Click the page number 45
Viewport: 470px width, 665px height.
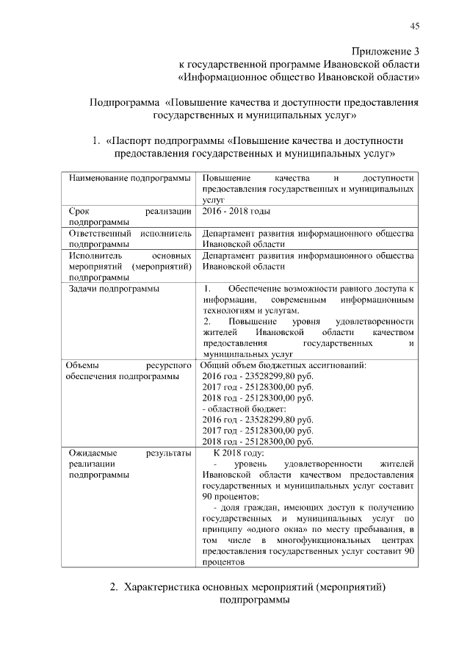pos(414,26)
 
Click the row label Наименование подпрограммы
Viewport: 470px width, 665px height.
pos(130,179)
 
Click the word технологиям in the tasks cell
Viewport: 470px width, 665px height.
pos(231,311)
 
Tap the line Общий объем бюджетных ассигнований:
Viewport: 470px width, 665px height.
pos(283,365)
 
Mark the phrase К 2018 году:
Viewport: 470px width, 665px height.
pos(242,453)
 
